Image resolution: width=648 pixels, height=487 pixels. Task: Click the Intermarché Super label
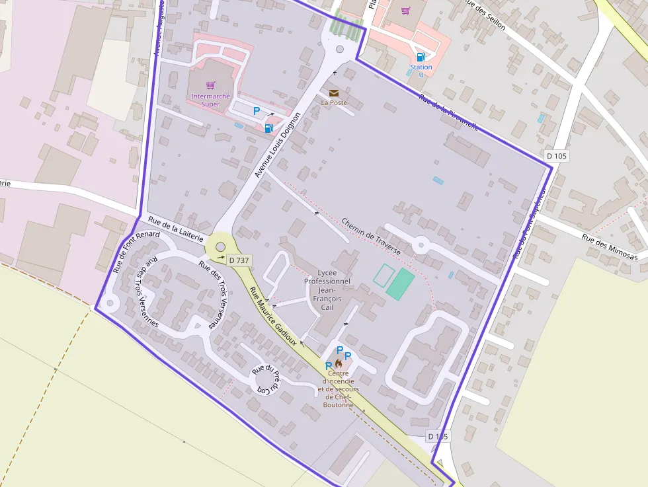[210, 100]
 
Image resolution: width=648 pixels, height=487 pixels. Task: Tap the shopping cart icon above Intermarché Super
[210, 85]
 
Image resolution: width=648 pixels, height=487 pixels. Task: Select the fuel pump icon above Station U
[421, 57]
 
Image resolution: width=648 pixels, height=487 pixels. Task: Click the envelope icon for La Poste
[334, 93]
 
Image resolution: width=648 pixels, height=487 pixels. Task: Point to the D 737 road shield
[239, 260]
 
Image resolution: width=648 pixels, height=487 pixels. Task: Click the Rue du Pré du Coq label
[269, 379]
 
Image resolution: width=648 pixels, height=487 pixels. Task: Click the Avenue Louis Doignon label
[277, 145]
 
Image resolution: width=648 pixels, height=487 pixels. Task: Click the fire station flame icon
[339, 363]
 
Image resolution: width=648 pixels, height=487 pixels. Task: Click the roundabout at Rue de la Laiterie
[220, 247]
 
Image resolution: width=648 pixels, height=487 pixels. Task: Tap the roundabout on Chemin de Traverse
[420, 246]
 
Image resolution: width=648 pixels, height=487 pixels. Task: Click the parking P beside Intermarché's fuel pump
[257, 112]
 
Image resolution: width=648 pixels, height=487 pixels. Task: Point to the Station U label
[421, 71]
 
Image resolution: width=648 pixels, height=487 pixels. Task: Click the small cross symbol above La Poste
[335, 73]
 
